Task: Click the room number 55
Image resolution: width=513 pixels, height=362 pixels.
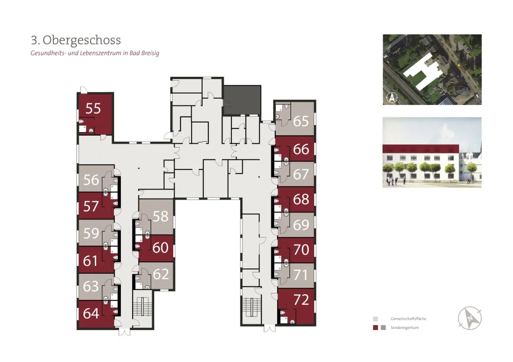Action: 93,108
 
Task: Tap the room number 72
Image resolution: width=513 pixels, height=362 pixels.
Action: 301,300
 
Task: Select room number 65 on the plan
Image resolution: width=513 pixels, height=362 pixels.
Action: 301,121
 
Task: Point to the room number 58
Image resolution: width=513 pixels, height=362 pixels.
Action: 161,216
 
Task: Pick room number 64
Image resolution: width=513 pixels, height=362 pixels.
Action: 91,313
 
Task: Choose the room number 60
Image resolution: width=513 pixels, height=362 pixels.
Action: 160,248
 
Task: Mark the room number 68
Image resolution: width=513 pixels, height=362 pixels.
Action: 301,199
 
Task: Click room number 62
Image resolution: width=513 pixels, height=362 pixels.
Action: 161,274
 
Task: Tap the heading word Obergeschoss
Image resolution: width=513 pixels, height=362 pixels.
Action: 82,40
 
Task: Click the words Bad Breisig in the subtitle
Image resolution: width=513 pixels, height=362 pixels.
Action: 144,53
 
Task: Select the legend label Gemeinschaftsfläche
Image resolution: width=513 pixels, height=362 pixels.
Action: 408,319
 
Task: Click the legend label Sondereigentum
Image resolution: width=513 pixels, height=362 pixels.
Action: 404,328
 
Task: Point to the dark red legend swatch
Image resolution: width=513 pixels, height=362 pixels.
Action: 375,328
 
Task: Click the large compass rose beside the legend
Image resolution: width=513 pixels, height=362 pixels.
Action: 470,318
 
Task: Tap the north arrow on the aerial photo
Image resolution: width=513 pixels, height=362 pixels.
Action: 392,98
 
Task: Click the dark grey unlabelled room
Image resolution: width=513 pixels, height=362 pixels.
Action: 242,100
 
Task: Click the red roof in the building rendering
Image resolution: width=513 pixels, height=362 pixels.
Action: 421,149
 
